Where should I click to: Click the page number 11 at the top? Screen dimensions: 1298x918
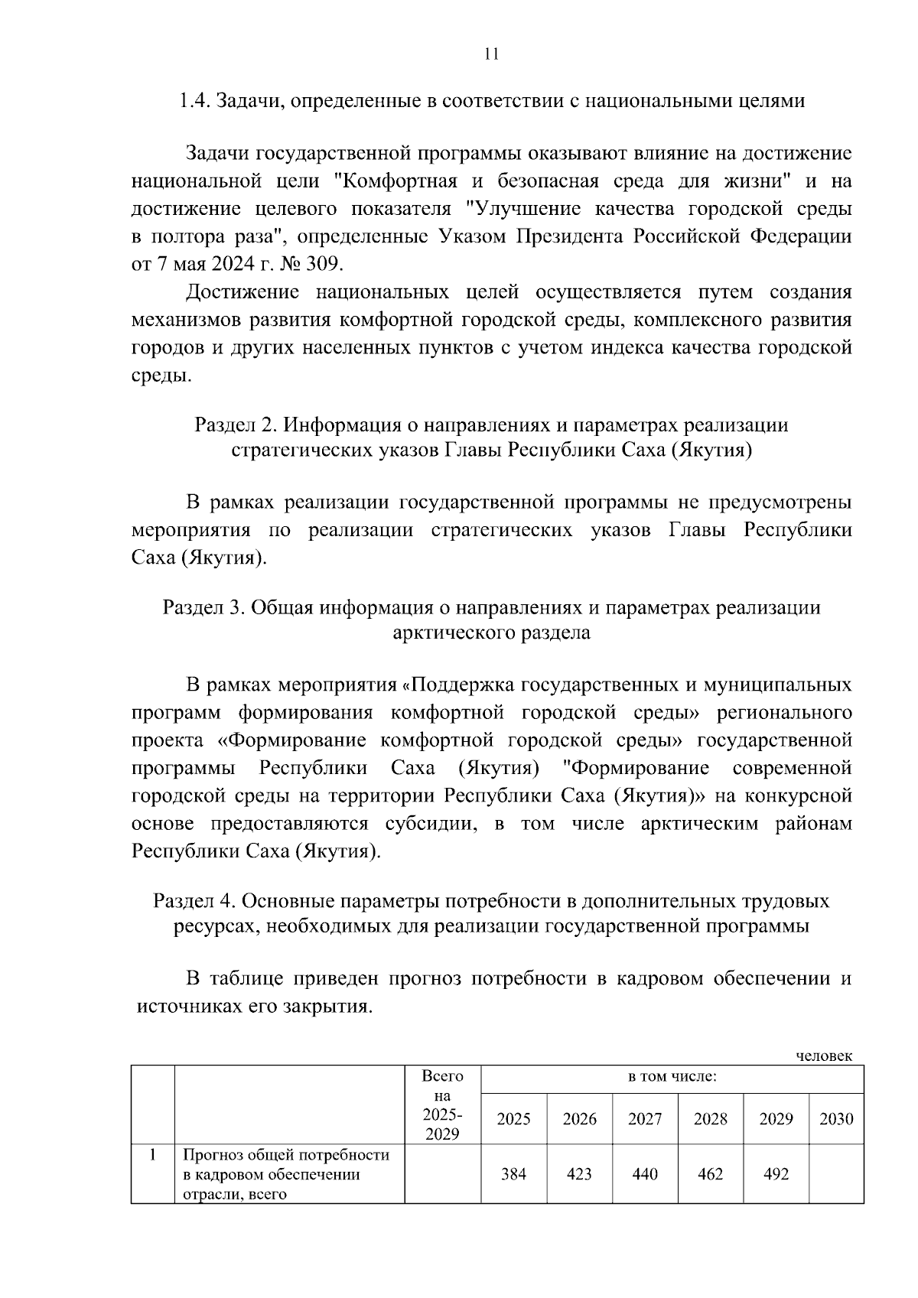point(492,54)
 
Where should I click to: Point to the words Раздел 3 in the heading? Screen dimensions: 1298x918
point(201,607)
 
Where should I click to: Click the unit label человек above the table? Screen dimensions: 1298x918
point(824,1056)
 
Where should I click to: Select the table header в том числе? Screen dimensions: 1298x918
point(672,1077)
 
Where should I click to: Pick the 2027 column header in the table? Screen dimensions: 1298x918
point(645,1119)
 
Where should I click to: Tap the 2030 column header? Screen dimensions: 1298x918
point(835,1119)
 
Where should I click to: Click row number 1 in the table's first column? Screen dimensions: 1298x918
point(153,1155)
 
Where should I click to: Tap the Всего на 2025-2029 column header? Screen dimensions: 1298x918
point(442,1105)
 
